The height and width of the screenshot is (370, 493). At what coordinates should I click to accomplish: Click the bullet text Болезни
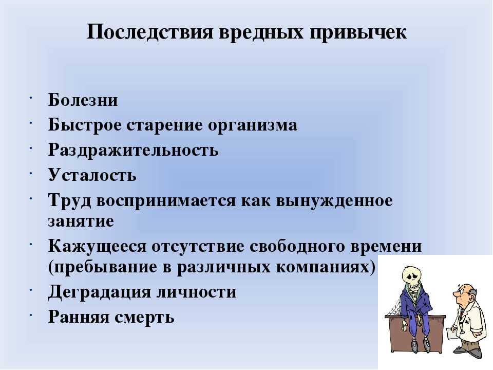point(83,100)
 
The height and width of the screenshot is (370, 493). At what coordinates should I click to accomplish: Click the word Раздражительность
point(134,150)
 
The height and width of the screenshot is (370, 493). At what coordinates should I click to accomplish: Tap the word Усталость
point(92,175)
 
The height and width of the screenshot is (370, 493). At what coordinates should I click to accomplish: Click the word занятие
point(81,221)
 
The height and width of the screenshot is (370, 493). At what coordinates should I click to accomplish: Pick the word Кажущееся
point(97,247)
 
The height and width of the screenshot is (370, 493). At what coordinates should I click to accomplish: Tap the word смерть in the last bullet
point(144,317)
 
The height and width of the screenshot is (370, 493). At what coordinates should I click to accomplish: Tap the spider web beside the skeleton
point(394,305)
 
